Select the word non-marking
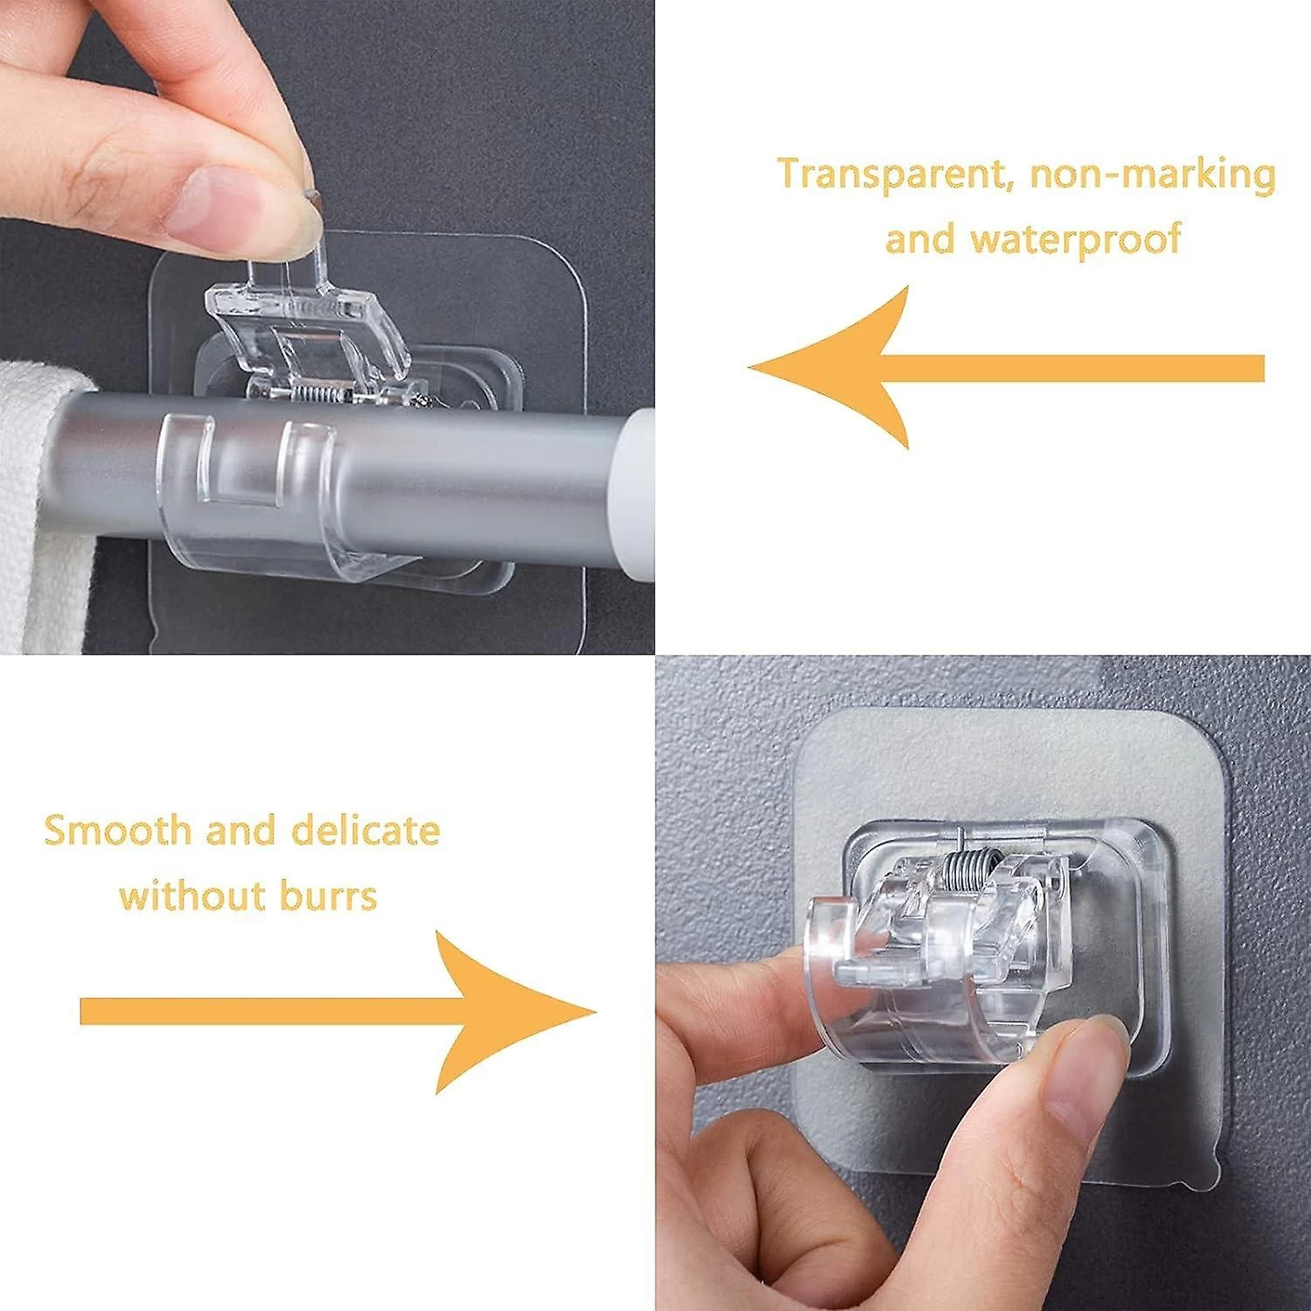click(x=1152, y=174)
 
